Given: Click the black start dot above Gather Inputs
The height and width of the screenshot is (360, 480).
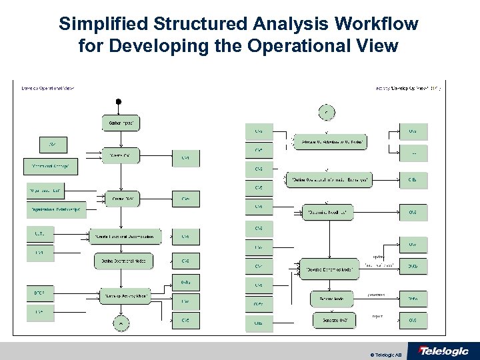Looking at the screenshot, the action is coord(119,101).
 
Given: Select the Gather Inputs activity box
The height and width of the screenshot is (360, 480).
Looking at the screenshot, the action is coord(120,123).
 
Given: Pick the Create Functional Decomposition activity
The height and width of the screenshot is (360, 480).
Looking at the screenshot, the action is coord(126,236).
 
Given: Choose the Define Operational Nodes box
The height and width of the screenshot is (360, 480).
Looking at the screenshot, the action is coord(120,261).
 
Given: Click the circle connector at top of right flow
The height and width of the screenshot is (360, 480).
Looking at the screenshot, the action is coord(327,111).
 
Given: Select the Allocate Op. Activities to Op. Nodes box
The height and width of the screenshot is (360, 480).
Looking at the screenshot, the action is coord(339,143).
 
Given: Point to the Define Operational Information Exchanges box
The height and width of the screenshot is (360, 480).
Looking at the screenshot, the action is coord(330,179).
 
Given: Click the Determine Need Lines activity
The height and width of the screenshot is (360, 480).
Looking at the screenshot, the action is coord(329,213).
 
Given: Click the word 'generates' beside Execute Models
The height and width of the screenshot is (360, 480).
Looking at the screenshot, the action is coord(377,294).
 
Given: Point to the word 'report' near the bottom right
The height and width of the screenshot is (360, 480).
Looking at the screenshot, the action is coord(377,316).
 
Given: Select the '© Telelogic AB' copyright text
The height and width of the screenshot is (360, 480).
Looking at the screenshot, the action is coord(387,351).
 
